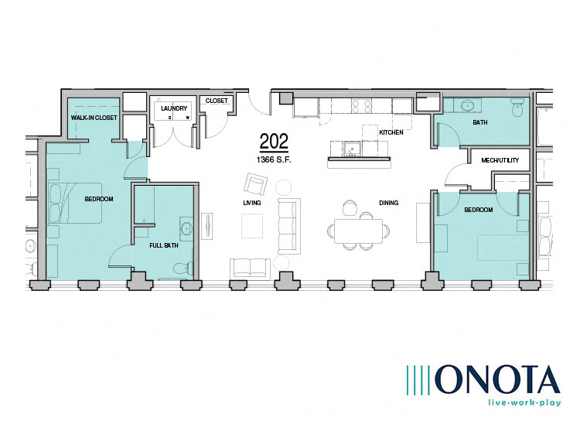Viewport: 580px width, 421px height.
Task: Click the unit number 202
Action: coord(274,142)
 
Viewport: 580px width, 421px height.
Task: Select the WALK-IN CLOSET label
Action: coord(94,118)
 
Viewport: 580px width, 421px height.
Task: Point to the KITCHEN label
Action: coord(391,132)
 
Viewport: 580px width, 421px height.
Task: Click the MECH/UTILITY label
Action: coord(499,160)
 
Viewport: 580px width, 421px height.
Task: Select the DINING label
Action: coord(388,203)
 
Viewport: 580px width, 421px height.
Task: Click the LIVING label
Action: coord(251,203)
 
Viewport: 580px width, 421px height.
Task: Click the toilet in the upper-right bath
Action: coord(517,108)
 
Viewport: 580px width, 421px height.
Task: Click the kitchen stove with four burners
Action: coord(361,106)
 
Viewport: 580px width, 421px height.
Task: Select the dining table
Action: coord(358,231)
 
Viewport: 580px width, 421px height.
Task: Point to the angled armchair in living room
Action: coord(254,183)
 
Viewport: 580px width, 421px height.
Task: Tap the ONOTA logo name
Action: coord(496,379)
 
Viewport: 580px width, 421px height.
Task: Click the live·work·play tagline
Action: coord(518,403)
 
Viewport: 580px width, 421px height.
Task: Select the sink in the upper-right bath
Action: coord(468,106)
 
